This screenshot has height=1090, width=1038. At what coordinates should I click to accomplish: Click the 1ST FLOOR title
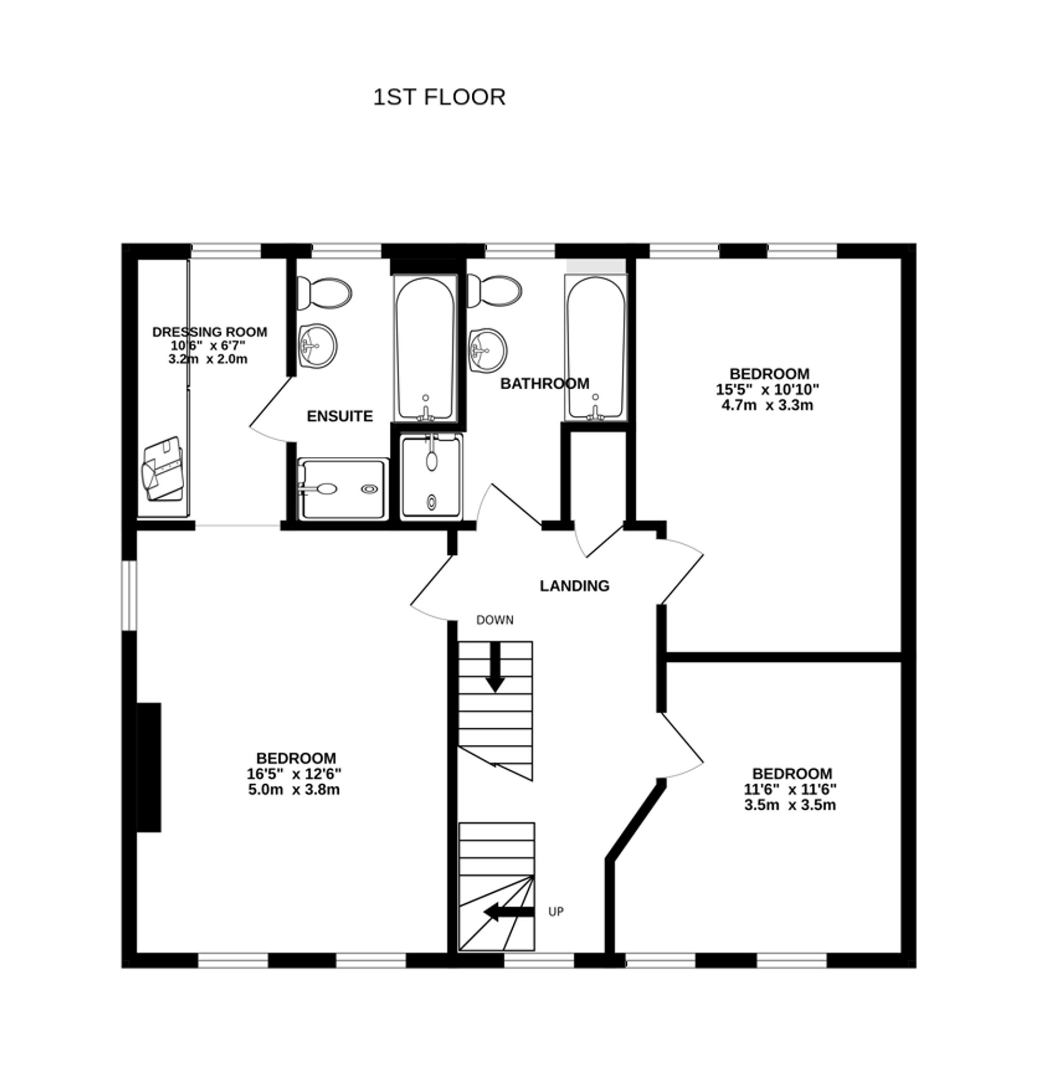pos(439,98)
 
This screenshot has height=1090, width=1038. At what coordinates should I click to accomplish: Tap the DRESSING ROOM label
pos(210,332)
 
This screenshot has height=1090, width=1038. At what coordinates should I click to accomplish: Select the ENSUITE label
pos(340,416)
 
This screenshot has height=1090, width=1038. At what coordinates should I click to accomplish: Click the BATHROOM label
pos(544,384)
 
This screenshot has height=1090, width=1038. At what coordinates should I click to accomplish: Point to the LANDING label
pos(575,585)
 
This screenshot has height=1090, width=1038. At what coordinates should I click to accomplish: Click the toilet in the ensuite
pos(325,293)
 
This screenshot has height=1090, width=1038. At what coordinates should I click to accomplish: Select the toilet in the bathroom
pos(495,291)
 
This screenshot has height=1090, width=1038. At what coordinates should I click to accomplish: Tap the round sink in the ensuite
pos(318,345)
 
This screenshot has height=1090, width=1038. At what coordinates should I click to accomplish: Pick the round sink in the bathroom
pos(488,350)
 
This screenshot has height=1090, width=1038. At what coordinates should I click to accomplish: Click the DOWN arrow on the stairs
pos(495,667)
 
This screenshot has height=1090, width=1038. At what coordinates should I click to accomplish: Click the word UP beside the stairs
pos(555,912)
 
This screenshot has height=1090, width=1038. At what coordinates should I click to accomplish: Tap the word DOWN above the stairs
pos(495,620)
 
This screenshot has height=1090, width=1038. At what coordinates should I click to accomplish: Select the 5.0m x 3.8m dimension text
pos(294,789)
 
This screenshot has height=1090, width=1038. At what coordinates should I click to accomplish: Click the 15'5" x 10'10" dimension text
pos(768,389)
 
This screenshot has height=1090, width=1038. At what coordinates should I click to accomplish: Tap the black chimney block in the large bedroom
pos(149,768)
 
